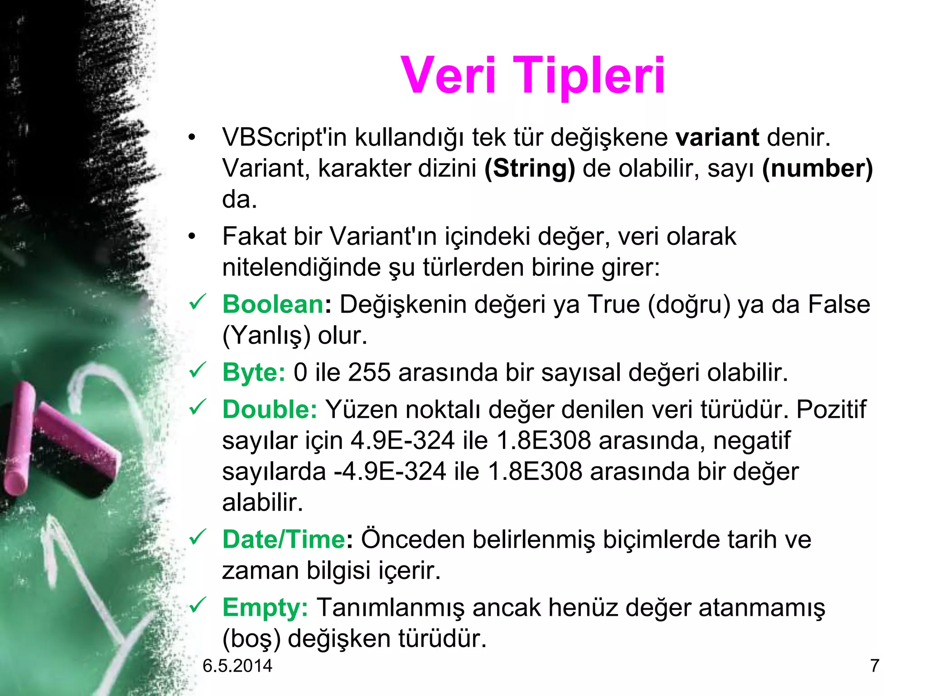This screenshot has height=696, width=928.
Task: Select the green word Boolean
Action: (273, 304)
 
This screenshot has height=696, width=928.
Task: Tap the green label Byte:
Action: (254, 372)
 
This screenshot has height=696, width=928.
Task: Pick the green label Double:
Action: (270, 410)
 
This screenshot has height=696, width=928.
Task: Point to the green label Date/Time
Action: (284, 540)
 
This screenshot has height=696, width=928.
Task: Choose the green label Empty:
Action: (265, 608)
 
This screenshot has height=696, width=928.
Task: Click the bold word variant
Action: (717, 137)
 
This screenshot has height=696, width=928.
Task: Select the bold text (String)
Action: (529, 169)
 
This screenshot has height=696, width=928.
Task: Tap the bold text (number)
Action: (817, 169)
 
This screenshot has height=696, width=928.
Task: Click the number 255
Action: (369, 372)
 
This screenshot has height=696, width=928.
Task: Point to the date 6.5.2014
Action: (237, 666)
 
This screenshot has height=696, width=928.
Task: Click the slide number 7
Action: (875, 666)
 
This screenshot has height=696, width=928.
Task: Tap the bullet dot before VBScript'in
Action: (192, 137)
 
